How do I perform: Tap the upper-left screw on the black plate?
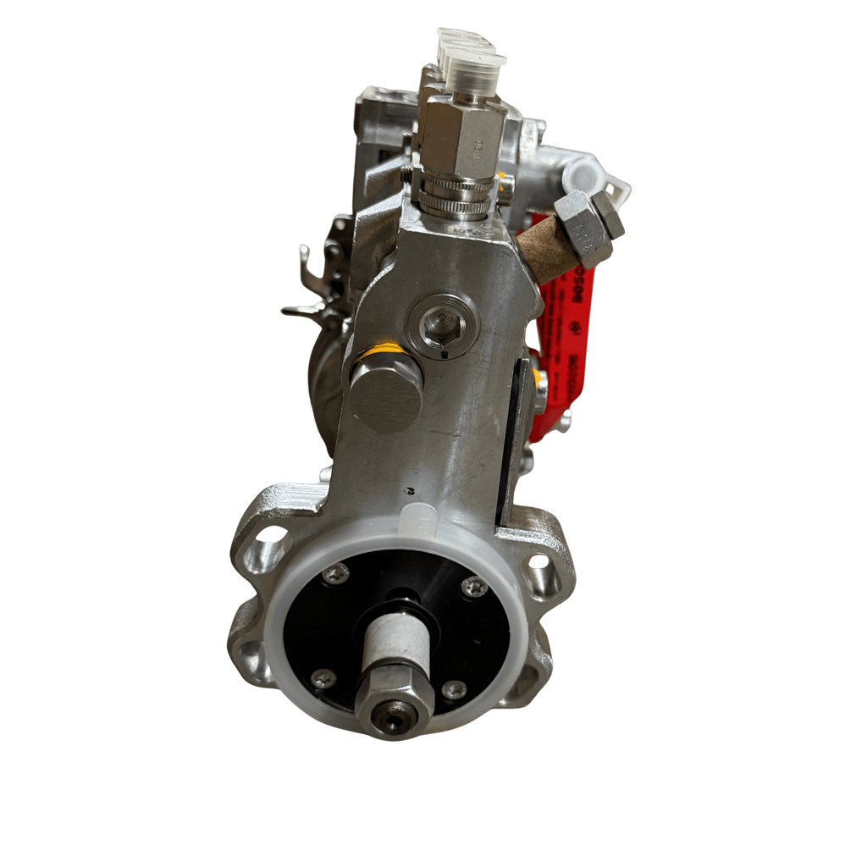click(x=335, y=573)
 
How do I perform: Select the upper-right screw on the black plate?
click(x=474, y=586)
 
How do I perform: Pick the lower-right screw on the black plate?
click(x=454, y=690)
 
